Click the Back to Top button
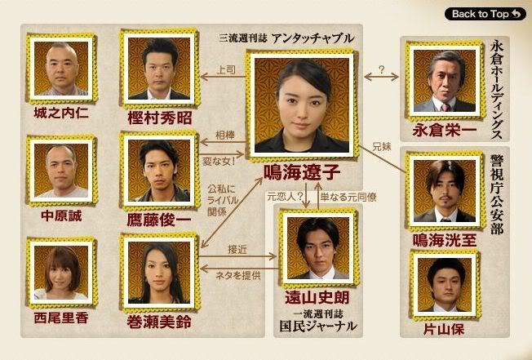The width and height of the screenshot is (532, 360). tap(485, 14)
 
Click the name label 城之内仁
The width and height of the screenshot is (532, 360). tap(61, 113)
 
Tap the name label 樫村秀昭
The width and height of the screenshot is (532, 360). tap(160, 118)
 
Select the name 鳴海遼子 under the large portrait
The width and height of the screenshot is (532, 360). tap(302, 171)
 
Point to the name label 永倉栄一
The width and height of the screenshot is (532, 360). tap(445, 130)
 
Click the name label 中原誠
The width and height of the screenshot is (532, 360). tap(61, 216)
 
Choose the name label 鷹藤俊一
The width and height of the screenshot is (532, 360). tap(159, 220)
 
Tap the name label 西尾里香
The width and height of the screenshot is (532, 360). tap(61, 318)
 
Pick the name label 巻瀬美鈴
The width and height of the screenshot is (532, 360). tap(159, 322)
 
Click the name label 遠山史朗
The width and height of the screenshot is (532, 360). tap(317, 298)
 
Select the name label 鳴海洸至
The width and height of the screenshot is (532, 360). tap(445, 240)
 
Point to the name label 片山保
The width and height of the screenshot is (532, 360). tap(444, 329)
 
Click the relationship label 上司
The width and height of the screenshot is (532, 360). tap(226, 70)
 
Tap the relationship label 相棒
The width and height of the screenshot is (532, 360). tap(225, 136)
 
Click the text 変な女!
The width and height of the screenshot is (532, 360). tap(219, 161)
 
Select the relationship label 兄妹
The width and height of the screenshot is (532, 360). tap(382, 147)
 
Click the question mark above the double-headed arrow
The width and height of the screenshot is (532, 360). tap(382, 69)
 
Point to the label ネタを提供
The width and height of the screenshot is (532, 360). tap(238, 275)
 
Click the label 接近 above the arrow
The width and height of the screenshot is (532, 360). tap(237, 250)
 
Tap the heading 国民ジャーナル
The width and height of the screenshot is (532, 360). tap(318, 326)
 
